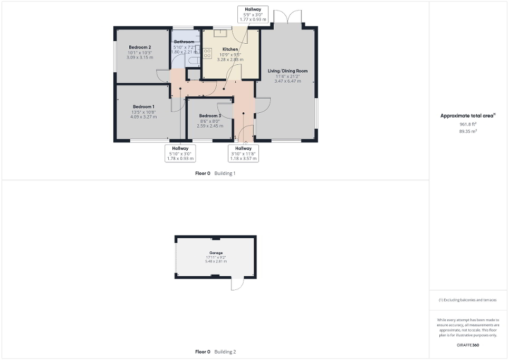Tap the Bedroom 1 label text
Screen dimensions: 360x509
(x=139, y=106)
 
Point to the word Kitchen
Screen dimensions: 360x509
(x=230, y=50)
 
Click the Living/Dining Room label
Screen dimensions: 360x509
(x=287, y=71)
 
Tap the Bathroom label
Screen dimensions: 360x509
(x=184, y=42)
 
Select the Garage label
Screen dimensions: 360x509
(x=216, y=254)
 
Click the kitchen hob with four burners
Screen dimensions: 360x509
(x=207, y=54)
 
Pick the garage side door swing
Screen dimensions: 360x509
(x=237, y=284)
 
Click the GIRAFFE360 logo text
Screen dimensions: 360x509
(x=468, y=345)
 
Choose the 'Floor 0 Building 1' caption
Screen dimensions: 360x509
(x=215, y=173)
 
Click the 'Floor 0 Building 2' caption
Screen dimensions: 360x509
(x=215, y=352)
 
